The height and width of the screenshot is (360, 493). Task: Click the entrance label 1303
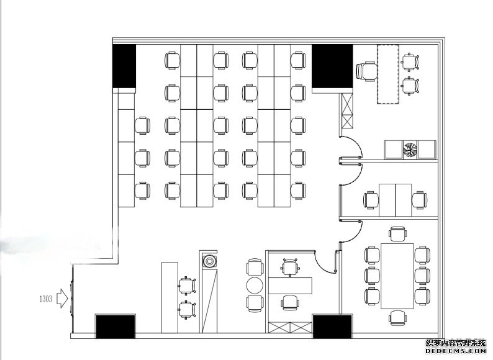pyautogui.click(x=45, y=299)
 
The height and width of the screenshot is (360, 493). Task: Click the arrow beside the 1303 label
pyautogui.click(x=62, y=299)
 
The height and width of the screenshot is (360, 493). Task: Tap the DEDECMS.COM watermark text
pyautogui.click(x=456, y=351)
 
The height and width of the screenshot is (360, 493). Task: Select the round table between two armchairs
pyautogui.click(x=255, y=286)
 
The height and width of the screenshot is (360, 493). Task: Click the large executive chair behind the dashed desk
pyautogui.click(x=366, y=71)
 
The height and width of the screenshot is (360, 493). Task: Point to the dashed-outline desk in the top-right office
pyautogui.click(x=388, y=74)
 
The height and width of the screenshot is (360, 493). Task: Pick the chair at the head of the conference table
pyautogui.click(x=398, y=234)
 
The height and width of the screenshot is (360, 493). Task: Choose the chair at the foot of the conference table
pyautogui.click(x=398, y=318)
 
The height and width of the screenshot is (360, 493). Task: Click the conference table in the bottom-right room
pyautogui.click(x=397, y=276)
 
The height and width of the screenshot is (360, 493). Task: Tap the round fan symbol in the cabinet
pyautogui.click(x=410, y=150)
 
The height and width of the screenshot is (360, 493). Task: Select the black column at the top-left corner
pyautogui.click(x=124, y=66)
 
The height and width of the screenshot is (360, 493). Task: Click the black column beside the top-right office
pyautogui.click(x=332, y=66)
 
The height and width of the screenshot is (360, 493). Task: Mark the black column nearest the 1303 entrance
pyautogui.click(x=115, y=326)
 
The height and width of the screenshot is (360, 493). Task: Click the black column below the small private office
pyautogui.click(x=332, y=326)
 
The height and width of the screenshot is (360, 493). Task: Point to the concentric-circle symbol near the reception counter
pyautogui.click(x=209, y=261)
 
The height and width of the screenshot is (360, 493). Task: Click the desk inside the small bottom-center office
pyautogui.click(x=290, y=286)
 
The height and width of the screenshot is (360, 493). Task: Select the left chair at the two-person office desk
pyautogui.click(x=371, y=200)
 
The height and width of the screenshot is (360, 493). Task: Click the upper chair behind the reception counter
pyautogui.click(x=187, y=286)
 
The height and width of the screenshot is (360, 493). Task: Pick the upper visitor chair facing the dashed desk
pyautogui.click(x=410, y=62)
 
